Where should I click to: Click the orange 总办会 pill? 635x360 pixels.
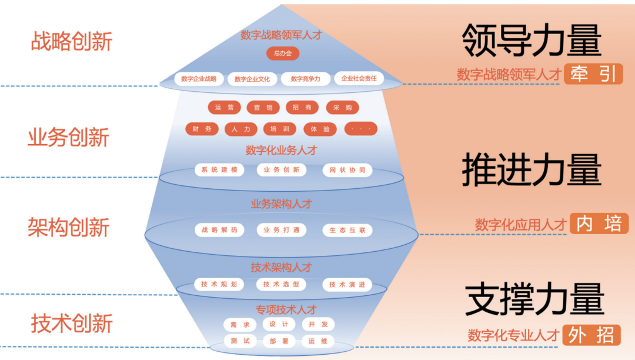[x=283, y=54]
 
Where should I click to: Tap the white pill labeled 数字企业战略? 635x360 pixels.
[x=199, y=79]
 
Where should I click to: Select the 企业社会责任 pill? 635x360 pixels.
[x=359, y=78]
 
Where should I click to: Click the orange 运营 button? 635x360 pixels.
[x=224, y=108]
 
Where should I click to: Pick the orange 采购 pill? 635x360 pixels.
[x=342, y=108]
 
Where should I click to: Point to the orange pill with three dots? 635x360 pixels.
[x=360, y=129]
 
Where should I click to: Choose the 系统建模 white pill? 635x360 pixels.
[x=219, y=170]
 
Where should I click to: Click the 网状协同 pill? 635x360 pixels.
[x=347, y=171]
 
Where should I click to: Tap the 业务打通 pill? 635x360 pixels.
[x=282, y=230]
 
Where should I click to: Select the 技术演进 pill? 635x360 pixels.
[x=347, y=285]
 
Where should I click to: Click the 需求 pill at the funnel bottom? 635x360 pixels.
[x=240, y=325]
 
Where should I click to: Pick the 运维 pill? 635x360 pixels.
[x=317, y=341]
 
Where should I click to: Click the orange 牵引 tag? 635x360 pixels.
[x=593, y=74]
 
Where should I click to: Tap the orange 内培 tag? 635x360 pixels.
[x=599, y=224]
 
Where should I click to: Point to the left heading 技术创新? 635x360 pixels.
[x=72, y=324]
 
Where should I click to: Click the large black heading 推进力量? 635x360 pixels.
[x=532, y=170]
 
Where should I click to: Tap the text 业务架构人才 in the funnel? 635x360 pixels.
[x=281, y=204]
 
